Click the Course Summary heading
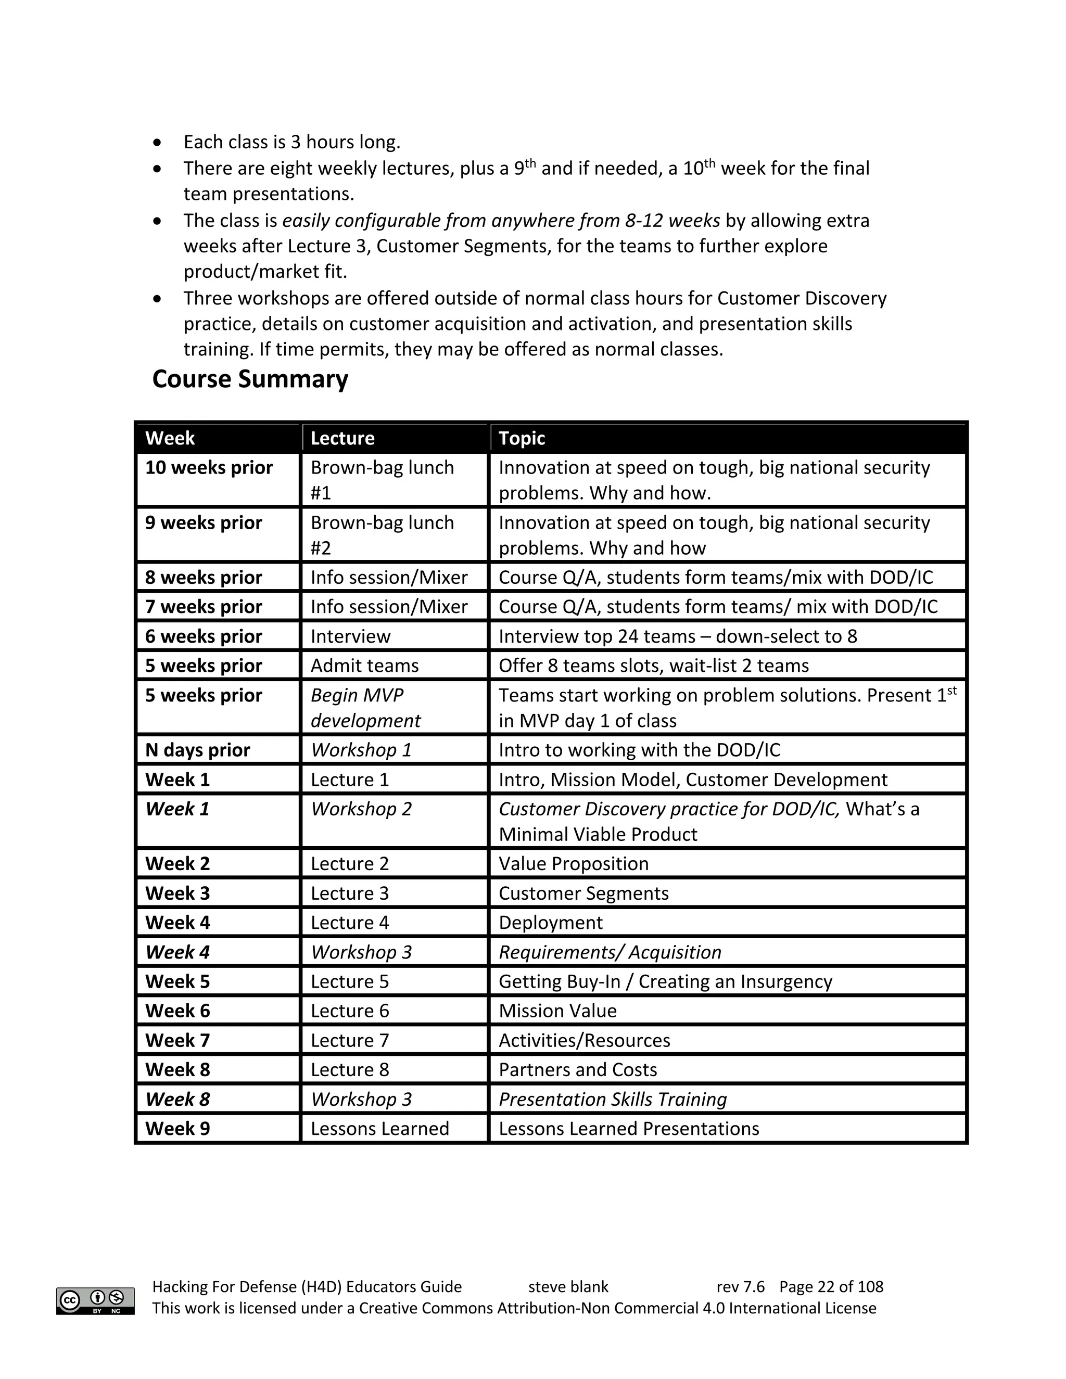tap(250, 379)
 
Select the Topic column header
tap(522, 438)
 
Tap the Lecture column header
tap(342, 438)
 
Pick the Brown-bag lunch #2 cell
tap(382, 535)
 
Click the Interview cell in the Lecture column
tap(350, 636)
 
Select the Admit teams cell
tap(364, 666)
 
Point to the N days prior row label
tap(198, 750)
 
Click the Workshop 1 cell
tap(361, 750)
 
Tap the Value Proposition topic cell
tap(574, 864)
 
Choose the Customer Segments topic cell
tap(583, 893)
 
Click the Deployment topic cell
tap(551, 923)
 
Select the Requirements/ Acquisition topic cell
tap(610, 952)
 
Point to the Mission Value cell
tap(557, 1011)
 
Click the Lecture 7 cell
tap(350, 1041)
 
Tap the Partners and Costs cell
tap(578, 1069)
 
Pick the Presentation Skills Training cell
tap(613, 1099)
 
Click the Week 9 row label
tap(177, 1129)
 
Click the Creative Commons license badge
tap(95, 1301)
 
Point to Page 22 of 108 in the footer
tap(831, 1287)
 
